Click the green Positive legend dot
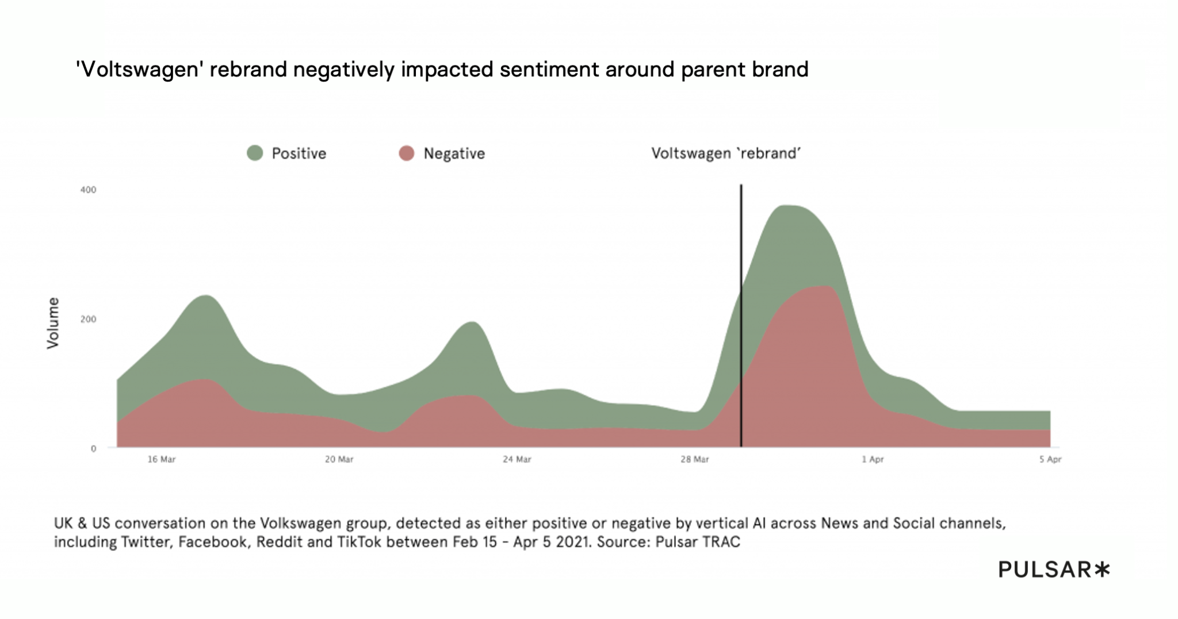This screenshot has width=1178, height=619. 255,153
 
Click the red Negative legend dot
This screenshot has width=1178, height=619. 407,153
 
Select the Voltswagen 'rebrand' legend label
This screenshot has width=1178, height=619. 726,153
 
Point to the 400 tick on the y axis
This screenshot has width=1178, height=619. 88,190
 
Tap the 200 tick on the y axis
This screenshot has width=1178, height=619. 88,319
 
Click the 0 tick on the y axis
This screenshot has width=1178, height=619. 93,449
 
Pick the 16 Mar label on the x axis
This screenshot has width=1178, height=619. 162,459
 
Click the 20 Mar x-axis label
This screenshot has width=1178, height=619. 339,459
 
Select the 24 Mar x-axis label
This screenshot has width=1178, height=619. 517,459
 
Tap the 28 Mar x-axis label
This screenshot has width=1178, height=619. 695,459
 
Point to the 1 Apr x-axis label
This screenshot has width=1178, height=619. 873,459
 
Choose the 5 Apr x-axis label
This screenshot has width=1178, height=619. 1050,459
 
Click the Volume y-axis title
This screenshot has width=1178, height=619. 53,323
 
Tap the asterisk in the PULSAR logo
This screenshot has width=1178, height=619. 1102,570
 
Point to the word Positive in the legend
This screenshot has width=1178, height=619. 299,153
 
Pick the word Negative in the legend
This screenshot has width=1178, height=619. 454,153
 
